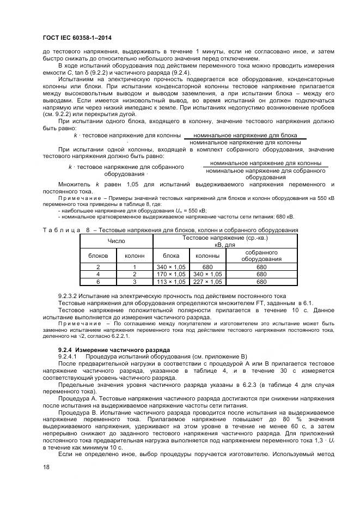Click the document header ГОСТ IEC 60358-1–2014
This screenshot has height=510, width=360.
tap(80, 38)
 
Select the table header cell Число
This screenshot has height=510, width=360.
tap(116, 240)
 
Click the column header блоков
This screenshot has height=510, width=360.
tap(98, 255)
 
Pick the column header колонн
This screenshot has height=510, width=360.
tap(135, 255)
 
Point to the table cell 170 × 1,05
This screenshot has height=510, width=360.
tap(171, 274)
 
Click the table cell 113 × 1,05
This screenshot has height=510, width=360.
tap(171, 282)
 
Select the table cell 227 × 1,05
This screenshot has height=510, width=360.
tap(208, 282)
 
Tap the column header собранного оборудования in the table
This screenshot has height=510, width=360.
tap(261, 256)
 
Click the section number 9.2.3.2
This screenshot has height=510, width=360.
tap(70, 296)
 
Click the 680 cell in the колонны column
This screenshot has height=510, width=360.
tap(208, 266)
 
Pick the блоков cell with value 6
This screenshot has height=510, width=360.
tap(98, 282)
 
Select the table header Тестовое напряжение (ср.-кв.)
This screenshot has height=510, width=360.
tap(225, 238)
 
